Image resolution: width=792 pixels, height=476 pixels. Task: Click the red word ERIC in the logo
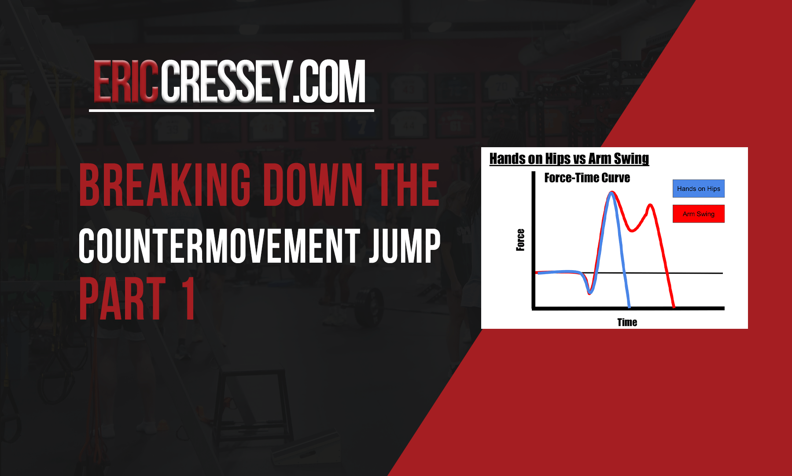125,82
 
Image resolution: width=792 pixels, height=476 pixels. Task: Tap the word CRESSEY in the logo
226,82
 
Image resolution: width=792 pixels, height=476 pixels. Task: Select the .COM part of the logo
329,82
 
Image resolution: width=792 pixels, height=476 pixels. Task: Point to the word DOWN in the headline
314,185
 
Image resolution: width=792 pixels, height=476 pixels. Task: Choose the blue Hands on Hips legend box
698,189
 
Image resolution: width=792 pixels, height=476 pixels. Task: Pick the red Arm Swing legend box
698,214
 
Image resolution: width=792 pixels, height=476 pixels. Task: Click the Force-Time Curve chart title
587,178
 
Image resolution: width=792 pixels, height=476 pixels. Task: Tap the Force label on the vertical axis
520,240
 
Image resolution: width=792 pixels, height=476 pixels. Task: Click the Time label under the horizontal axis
627,322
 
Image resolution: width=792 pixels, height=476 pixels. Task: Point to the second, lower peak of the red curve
650,205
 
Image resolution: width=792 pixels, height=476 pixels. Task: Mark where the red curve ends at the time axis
674,306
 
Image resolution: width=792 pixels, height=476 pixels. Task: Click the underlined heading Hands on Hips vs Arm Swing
569,159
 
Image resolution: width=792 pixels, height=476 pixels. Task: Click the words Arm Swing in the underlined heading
619,159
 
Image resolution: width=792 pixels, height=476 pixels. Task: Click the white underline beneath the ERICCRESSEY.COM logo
232,110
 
